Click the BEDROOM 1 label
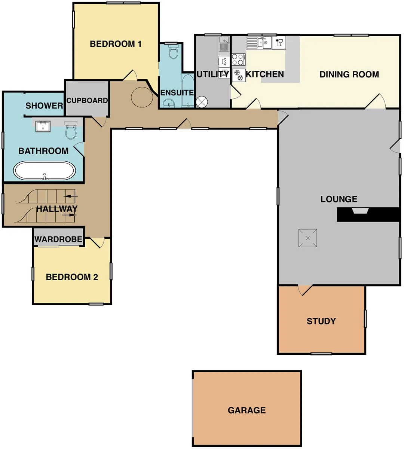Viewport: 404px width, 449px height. pos(116,44)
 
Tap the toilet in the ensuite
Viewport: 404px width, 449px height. pos(173,52)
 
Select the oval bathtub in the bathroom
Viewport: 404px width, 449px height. pos(44,171)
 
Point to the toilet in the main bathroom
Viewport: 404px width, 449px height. pos(71,131)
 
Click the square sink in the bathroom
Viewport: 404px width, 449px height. pos(43,126)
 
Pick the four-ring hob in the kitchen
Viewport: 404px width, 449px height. pos(238,59)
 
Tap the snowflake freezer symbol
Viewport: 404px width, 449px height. pos(239,75)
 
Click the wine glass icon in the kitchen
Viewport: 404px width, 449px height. pos(279,43)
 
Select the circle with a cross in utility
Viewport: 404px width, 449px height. pos(202,102)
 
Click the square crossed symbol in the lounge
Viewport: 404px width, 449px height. pos(307,238)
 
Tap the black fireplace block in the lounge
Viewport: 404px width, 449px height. pos(368,215)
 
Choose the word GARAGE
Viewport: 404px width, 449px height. pos(247,410)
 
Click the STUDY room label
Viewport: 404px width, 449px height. pos(321,321)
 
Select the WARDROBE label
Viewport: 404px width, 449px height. pos(58,239)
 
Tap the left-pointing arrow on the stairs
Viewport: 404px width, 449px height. pos(70,196)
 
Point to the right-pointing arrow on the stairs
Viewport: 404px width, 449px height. pos(69,215)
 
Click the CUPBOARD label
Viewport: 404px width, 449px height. pos(87,101)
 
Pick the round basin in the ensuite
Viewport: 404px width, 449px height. pos(169,103)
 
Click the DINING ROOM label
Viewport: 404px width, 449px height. pos(349,74)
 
